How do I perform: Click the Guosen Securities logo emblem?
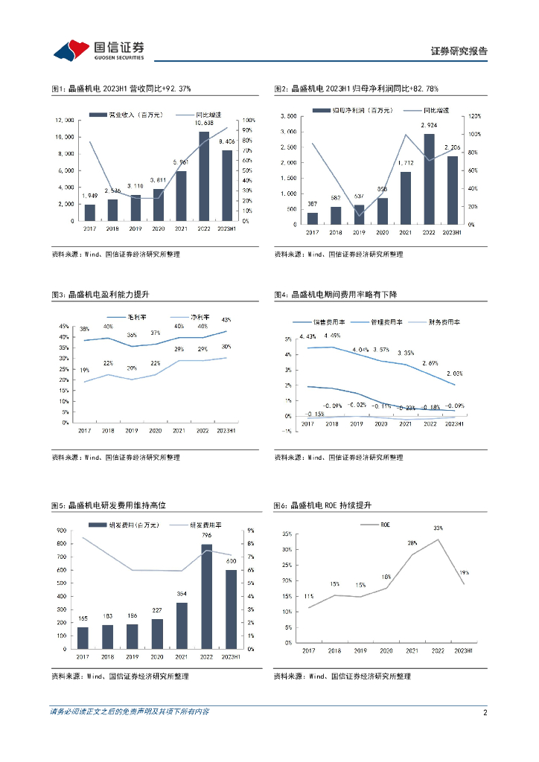71,49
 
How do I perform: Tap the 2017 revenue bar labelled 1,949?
90,213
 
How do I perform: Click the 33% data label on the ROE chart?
437,529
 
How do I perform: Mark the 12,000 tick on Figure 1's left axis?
65,120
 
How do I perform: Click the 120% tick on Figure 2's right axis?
475,116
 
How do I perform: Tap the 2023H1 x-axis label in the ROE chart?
464,650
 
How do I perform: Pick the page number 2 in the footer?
485,712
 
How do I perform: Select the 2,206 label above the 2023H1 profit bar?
452,148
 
